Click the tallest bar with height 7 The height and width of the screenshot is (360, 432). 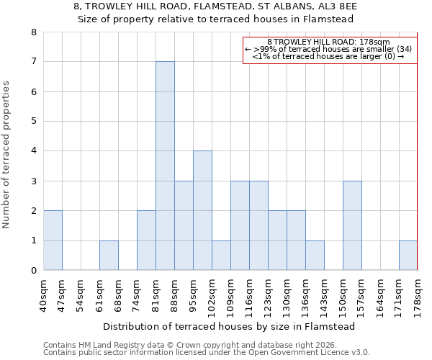pos(165,166)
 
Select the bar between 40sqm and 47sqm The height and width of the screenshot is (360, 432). pos(53,240)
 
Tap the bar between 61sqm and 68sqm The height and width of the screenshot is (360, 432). pos(109,256)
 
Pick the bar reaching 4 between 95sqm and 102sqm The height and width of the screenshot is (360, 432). pos(202,210)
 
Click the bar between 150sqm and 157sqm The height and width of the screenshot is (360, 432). pos(352,225)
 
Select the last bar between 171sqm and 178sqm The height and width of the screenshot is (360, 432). pos(408,256)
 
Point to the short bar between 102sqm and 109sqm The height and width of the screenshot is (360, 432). pos(221,256)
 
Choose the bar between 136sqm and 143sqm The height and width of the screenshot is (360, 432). pos(315,256)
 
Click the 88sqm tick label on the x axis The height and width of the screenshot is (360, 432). pos(174,293)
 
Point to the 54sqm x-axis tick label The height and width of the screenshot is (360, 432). pos(81,293)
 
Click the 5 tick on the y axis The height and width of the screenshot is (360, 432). pos(34,121)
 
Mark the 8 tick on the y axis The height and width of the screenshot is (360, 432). pos(34,32)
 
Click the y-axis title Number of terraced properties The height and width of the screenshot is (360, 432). pos(7,154)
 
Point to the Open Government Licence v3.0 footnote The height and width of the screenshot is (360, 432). pos(207,353)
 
